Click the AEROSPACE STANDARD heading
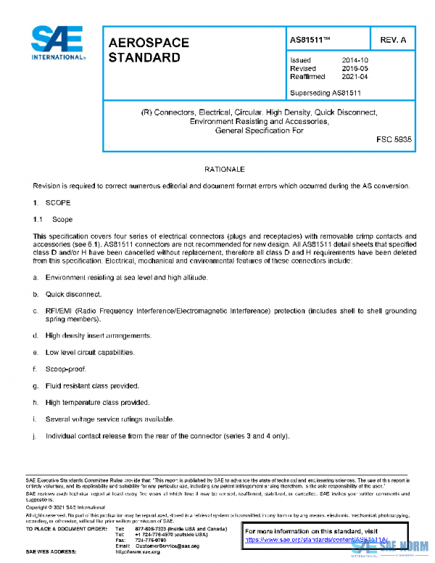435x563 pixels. [x=144, y=50]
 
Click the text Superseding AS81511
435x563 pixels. [x=326, y=93]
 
